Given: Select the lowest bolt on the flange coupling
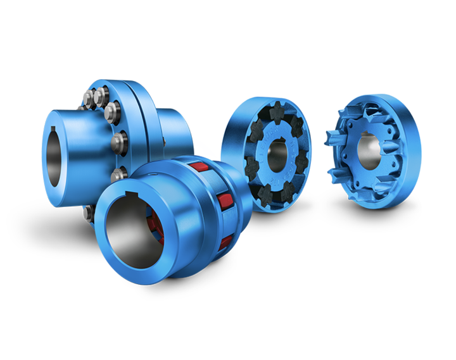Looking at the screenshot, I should [115, 173].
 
